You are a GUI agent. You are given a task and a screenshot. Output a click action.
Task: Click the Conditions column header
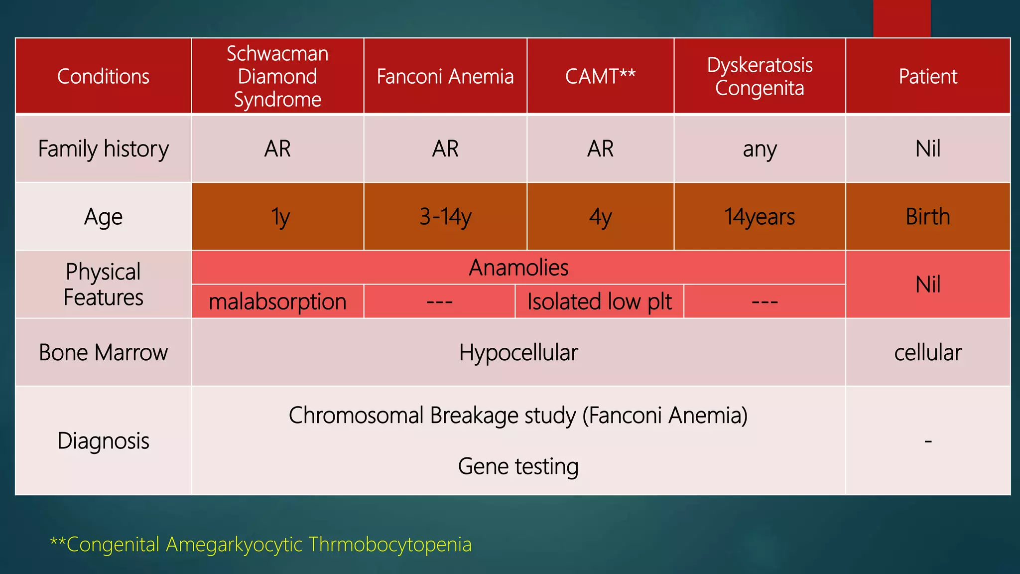103,76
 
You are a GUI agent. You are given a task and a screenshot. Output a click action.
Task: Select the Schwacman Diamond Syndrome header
277,76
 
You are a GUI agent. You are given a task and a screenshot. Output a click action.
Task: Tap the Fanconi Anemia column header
445,76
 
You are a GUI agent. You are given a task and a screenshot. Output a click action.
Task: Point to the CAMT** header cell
600,76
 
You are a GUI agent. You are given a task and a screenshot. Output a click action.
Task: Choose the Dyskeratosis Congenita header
760,76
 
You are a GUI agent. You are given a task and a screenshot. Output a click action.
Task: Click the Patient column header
928,76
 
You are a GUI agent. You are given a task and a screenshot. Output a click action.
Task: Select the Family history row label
103,148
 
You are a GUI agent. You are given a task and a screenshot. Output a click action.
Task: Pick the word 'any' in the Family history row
760,148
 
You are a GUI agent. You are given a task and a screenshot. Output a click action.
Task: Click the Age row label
103,216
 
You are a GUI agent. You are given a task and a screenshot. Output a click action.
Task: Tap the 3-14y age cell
445,216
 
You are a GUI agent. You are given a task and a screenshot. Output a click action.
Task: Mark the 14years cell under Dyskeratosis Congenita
760,216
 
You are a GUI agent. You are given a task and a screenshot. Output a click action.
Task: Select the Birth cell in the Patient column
928,216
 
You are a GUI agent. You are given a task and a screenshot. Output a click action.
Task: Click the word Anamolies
518,268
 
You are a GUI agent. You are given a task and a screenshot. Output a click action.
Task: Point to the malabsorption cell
277,301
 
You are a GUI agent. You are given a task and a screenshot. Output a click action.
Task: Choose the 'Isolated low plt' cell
599,301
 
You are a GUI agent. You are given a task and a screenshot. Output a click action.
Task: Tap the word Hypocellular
518,352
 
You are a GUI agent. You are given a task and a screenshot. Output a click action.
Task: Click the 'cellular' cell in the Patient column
928,352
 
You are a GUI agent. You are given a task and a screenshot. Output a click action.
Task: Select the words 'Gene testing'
518,466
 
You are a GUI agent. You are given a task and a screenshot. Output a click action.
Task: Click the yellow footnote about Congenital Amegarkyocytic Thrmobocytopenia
260,544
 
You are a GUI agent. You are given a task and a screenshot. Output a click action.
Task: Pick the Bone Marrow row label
103,352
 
